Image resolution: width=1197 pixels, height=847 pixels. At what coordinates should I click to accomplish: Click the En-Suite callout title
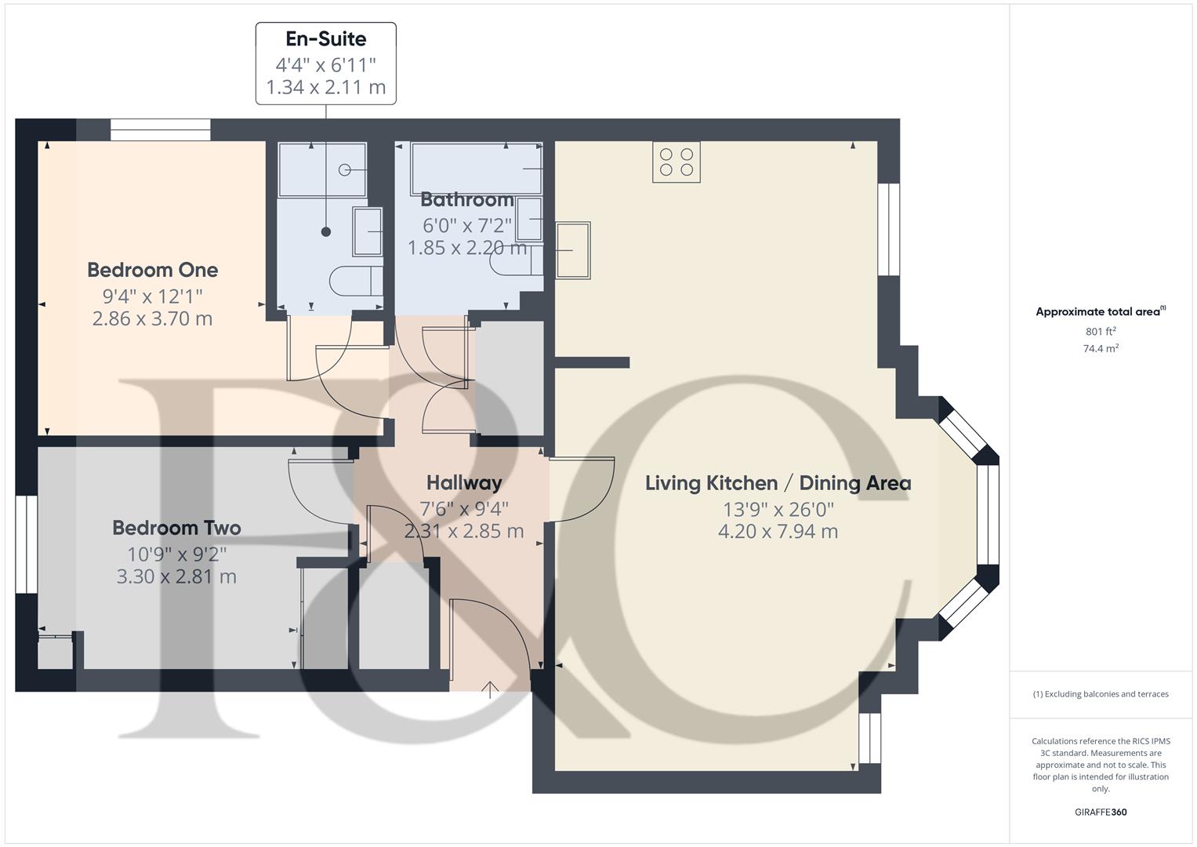(x=326, y=38)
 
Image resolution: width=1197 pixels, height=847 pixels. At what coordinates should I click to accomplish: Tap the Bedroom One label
(x=152, y=270)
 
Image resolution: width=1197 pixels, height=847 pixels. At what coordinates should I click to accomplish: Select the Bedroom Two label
(x=177, y=528)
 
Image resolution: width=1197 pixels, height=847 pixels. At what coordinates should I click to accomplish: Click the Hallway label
(x=464, y=483)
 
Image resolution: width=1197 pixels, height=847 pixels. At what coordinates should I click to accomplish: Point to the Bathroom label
(x=467, y=199)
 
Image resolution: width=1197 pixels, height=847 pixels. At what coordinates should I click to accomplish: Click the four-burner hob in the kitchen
(x=676, y=162)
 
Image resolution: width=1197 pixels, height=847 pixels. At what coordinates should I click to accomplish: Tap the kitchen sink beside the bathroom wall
(x=573, y=250)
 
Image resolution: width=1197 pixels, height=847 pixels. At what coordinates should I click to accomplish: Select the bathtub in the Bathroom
(x=477, y=169)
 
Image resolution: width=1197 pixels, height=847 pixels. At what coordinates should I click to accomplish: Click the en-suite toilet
(x=356, y=281)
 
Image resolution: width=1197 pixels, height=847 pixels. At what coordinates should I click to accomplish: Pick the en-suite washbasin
(x=367, y=231)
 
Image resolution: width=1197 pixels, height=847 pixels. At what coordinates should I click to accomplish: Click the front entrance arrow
(x=489, y=690)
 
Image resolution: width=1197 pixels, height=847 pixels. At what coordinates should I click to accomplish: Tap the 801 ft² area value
(x=1101, y=331)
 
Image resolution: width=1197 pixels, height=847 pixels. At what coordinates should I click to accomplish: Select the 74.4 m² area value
(x=1101, y=348)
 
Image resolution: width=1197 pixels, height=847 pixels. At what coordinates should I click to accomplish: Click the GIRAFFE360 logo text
(x=1101, y=812)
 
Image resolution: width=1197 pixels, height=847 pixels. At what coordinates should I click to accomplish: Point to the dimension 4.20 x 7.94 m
(x=778, y=532)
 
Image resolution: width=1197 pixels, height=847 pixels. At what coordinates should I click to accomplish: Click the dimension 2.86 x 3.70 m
(x=152, y=318)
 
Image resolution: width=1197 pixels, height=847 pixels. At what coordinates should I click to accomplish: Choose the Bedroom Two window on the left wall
(x=26, y=544)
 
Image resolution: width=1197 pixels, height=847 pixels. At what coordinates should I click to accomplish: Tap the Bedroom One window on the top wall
(x=161, y=130)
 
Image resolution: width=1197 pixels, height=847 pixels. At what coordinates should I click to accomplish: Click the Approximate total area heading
(x=1101, y=311)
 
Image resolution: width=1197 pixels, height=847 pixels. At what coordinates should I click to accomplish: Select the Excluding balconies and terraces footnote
(x=1101, y=694)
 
